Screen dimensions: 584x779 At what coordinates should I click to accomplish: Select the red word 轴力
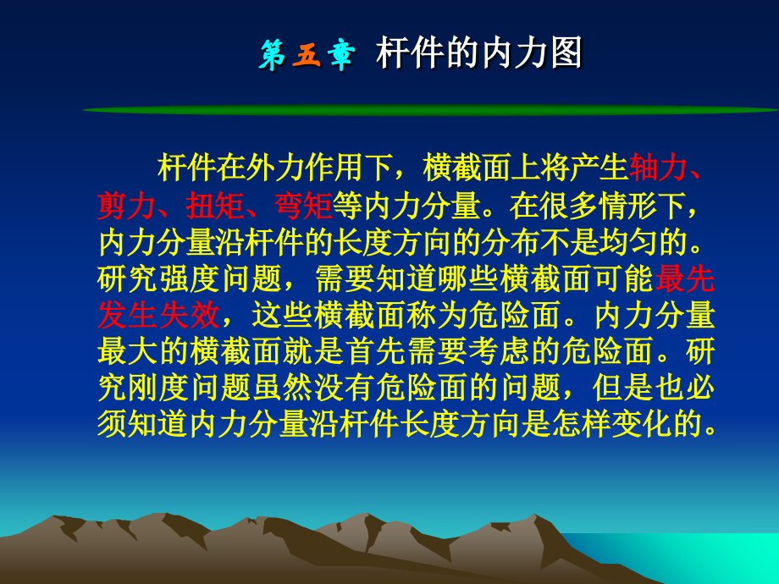tap(656, 168)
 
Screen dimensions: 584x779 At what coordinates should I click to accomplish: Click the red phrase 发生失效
tap(158, 315)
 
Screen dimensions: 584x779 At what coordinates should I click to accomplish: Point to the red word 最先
tap(685, 278)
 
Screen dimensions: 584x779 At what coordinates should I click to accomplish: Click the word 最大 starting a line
tap(125, 352)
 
